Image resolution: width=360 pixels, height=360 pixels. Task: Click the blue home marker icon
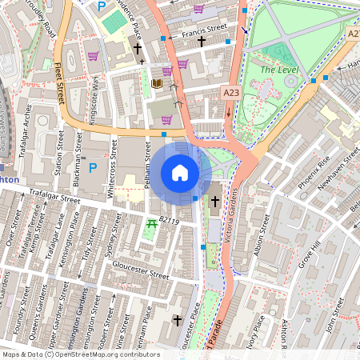point(180,173)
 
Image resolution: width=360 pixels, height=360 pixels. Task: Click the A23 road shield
point(230,94)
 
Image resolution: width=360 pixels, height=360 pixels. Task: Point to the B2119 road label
point(170,218)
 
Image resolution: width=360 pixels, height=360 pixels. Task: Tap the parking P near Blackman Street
point(93,168)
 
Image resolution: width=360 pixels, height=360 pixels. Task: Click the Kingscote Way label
point(95,98)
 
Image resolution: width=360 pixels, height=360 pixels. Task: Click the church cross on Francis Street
point(202,40)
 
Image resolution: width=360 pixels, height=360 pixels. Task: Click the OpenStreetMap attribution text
point(80,354)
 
